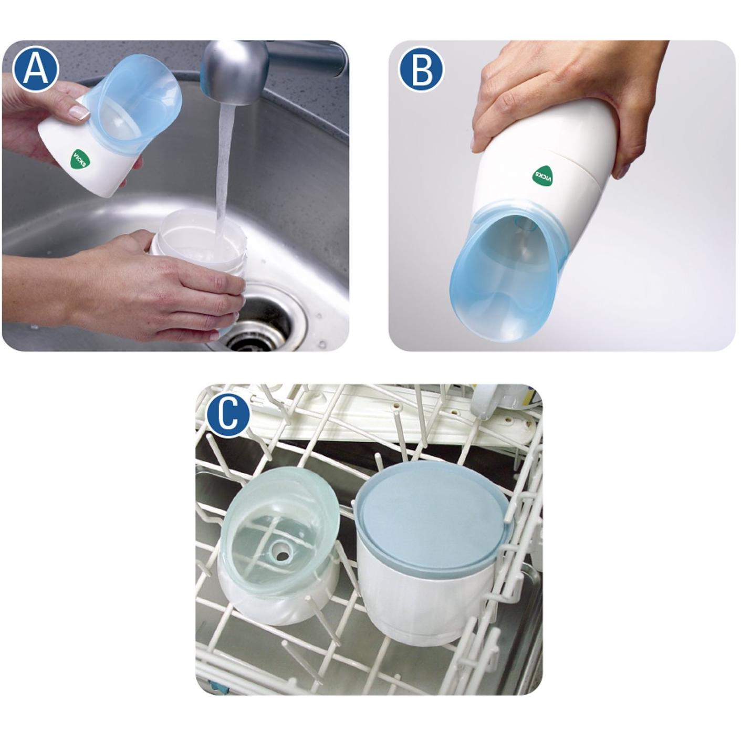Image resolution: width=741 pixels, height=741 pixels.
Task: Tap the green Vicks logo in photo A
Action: coord(80,160)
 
